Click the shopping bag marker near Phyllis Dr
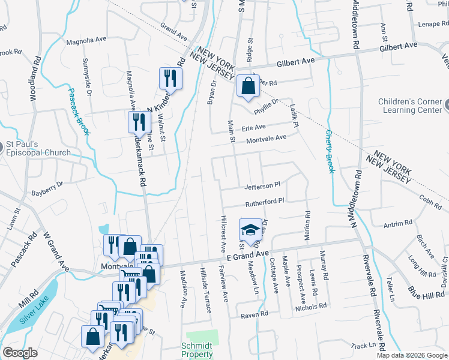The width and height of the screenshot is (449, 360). (x=248, y=86)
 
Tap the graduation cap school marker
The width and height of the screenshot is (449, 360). (x=250, y=230)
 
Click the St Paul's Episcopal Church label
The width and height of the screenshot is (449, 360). (x=38, y=148)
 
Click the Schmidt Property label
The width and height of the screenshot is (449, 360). (x=197, y=350)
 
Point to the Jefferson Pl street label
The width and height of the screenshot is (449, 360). (x=262, y=185)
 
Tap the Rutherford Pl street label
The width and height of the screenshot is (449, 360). (x=264, y=201)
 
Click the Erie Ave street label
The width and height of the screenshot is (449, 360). (x=253, y=127)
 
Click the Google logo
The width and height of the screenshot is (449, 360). (x=20, y=353)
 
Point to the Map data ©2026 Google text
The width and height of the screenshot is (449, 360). (x=412, y=355)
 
